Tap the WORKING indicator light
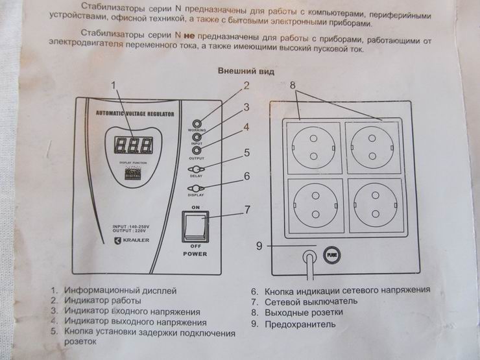[x=197, y=123]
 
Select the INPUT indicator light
[x=197, y=137]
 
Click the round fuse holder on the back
[x=331, y=256]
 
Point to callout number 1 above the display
[x=115, y=85]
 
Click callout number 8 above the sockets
[x=293, y=85]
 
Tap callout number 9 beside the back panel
[x=259, y=246]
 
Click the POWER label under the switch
[x=195, y=254]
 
